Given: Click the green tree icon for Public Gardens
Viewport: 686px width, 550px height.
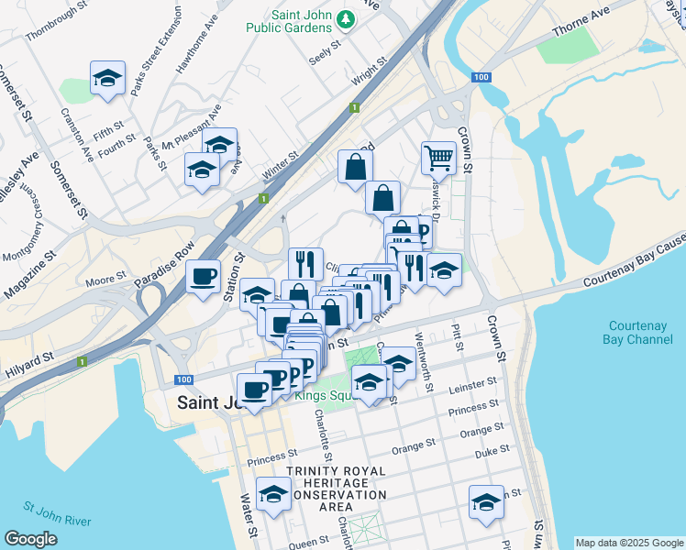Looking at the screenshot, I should point(346,18).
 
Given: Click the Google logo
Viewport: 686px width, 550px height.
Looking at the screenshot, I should point(31,539).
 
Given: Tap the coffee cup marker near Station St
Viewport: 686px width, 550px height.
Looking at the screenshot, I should point(204,275).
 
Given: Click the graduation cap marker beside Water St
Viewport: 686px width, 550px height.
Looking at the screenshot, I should point(273,495).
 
